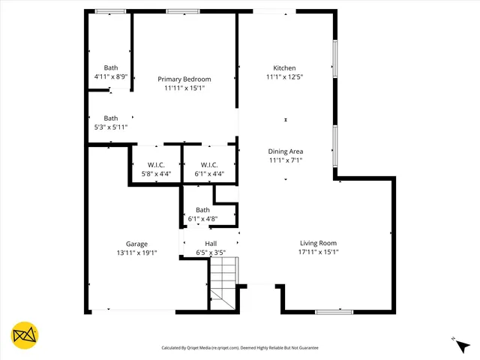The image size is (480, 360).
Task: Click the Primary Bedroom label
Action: pyautogui.click(x=184, y=79)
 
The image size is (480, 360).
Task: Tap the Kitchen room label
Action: pyautogui.click(x=284, y=67)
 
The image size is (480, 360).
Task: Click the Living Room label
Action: pyautogui.click(x=318, y=243)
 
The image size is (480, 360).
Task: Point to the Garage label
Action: pyautogui.click(x=136, y=244)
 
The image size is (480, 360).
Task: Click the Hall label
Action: pyautogui.click(x=211, y=244)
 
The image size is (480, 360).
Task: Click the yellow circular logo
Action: pyautogui.click(x=25, y=335)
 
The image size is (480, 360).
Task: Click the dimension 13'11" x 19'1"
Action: pyautogui.click(x=136, y=253)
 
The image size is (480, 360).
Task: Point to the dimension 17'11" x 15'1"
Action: pyautogui.click(x=318, y=252)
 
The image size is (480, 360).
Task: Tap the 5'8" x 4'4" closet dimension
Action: pyautogui.click(x=156, y=174)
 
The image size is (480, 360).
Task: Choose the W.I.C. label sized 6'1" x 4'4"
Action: pyautogui.click(x=209, y=165)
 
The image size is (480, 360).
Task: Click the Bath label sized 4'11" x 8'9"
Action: pyautogui.click(x=111, y=67)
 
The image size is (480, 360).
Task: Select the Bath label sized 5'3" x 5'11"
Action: pyautogui.click(x=111, y=118)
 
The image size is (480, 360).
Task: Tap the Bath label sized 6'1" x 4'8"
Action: pyautogui.click(x=202, y=210)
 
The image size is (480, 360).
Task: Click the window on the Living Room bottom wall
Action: pyautogui.click(x=334, y=311)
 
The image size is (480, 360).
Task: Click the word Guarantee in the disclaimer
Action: pyautogui.click(x=305, y=348)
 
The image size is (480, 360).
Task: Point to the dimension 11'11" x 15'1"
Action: pyautogui.click(x=184, y=88)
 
